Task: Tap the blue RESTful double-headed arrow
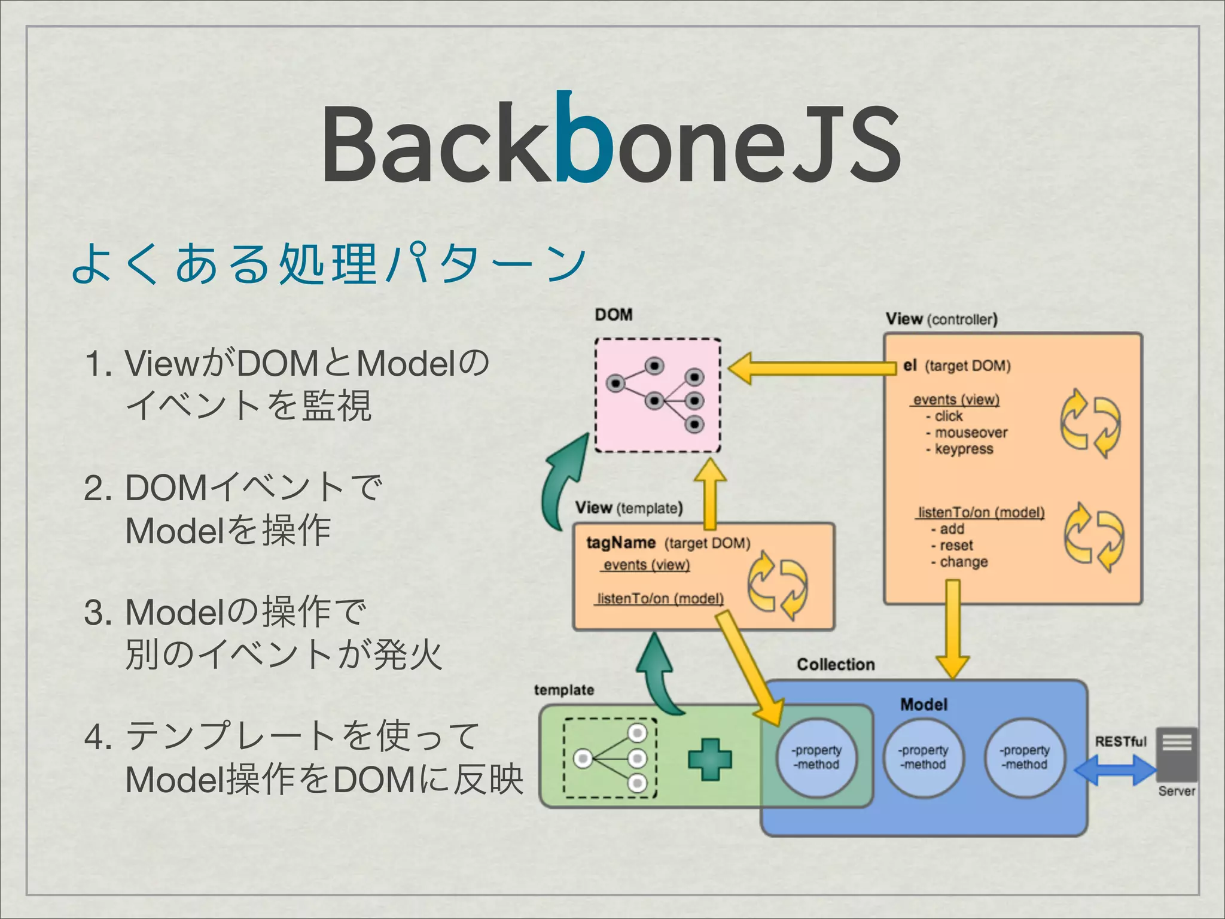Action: pos(1115,770)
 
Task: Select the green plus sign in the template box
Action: pos(709,759)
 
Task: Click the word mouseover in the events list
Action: pos(971,433)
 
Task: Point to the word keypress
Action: pos(964,449)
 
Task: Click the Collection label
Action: pos(836,665)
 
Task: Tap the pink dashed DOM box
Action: pos(658,395)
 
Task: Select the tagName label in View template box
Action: pos(621,543)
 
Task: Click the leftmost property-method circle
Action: pos(816,757)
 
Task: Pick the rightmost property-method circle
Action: pos(1025,757)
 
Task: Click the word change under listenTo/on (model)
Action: pos(964,562)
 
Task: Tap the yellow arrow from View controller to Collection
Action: pos(952,628)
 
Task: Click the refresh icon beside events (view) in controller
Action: pos(1090,422)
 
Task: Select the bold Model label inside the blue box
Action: pos(924,705)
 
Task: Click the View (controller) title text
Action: pos(941,319)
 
